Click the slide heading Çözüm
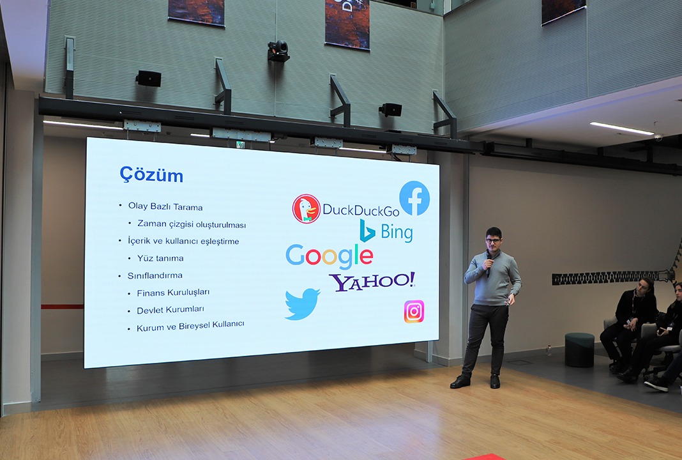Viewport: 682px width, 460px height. [151, 175]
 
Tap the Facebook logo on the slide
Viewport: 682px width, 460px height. [414, 198]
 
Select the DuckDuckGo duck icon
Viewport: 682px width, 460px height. [307, 209]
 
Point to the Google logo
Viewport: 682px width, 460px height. [330, 256]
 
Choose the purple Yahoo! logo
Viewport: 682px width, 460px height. [372, 281]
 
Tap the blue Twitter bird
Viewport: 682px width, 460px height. [302, 303]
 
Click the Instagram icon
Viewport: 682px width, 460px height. [414, 311]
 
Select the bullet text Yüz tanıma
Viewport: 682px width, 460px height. [160, 258]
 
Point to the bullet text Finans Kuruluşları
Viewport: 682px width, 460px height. [173, 293]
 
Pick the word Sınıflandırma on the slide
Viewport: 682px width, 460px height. [155, 275]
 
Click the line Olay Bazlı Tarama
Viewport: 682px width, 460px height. [165, 206]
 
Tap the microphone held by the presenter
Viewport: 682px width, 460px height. [489, 264]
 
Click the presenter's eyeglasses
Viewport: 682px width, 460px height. [494, 240]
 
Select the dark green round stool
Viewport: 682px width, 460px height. [579, 350]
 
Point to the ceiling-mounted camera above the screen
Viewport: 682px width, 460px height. [278, 51]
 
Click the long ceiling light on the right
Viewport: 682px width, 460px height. [622, 128]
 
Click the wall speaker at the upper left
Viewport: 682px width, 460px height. [148, 79]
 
